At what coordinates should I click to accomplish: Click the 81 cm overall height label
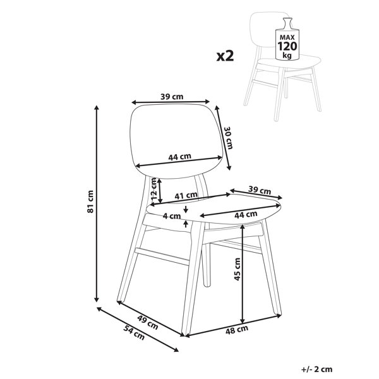[x=90, y=202]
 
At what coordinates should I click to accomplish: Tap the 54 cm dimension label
[x=134, y=333]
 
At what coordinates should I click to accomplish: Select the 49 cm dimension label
[x=148, y=322]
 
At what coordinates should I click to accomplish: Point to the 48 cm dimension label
[x=237, y=330]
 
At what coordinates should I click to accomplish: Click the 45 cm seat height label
[x=238, y=269]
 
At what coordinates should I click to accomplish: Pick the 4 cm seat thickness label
[x=172, y=216]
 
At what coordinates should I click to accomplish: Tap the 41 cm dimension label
[x=186, y=195]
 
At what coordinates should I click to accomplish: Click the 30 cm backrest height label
[x=228, y=138]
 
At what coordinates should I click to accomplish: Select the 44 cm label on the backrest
[x=179, y=157]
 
